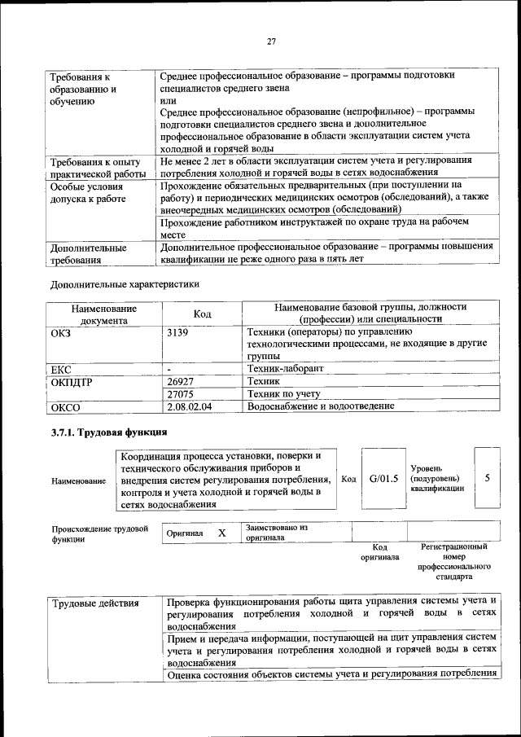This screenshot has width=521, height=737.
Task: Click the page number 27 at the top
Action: pos(272,43)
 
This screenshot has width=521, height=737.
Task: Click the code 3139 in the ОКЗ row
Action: pos(177,332)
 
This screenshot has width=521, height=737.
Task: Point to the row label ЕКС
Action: pos(61,369)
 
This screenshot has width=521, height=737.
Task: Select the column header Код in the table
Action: pos(202,314)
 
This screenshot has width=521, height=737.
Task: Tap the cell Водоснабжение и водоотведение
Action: pos(326,406)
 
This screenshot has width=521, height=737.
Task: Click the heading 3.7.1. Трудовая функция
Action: pos(109,432)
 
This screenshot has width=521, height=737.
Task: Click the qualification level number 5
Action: pos(487,478)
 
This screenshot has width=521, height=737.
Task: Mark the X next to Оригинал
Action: pos(221,533)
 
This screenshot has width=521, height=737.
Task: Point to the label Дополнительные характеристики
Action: pos(124,285)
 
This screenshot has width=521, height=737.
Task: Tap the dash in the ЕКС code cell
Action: pos(169,369)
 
